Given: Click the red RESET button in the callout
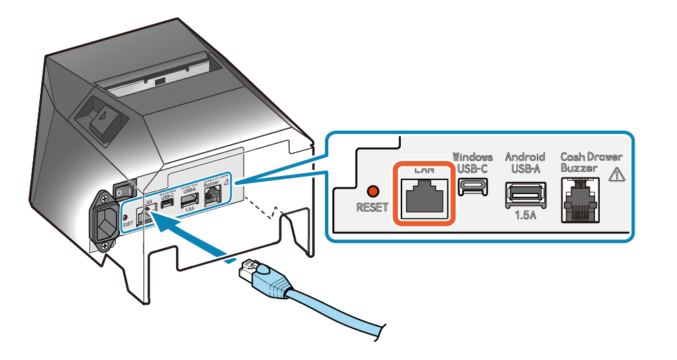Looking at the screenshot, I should (x=372, y=191).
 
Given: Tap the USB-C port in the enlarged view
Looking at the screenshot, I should (x=473, y=186).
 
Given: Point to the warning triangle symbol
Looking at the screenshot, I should (x=616, y=175).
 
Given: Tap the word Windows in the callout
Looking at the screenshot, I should (x=473, y=157).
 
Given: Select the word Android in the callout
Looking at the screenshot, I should (x=525, y=157).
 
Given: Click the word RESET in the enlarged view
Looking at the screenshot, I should (x=372, y=207).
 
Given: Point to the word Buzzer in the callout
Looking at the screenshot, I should (x=580, y=168).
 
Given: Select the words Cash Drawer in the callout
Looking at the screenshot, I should (x=591, y=157).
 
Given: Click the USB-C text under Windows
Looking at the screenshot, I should (x=473, y=168).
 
